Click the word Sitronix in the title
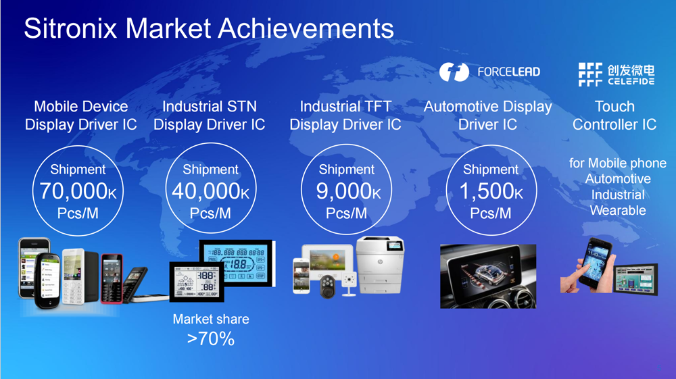(70, 28)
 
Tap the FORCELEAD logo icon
(454, 72)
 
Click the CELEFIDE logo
(617, 74)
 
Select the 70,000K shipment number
(78, 191)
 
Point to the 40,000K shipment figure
(210, 191)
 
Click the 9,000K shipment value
(348, 191)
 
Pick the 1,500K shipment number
(491, 191)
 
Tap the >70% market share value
(211, 339)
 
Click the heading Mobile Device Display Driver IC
(80, 116)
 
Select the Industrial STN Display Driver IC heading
(210, 116)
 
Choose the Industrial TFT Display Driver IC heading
(345, 116)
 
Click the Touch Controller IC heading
(614, 116)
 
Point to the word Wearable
(618, 211)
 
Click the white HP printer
(381, 265)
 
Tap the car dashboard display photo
(488, 276)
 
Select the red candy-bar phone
(112, 278)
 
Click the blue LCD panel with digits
(236, 263)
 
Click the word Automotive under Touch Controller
(618, 179)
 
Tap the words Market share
(211, 319)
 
